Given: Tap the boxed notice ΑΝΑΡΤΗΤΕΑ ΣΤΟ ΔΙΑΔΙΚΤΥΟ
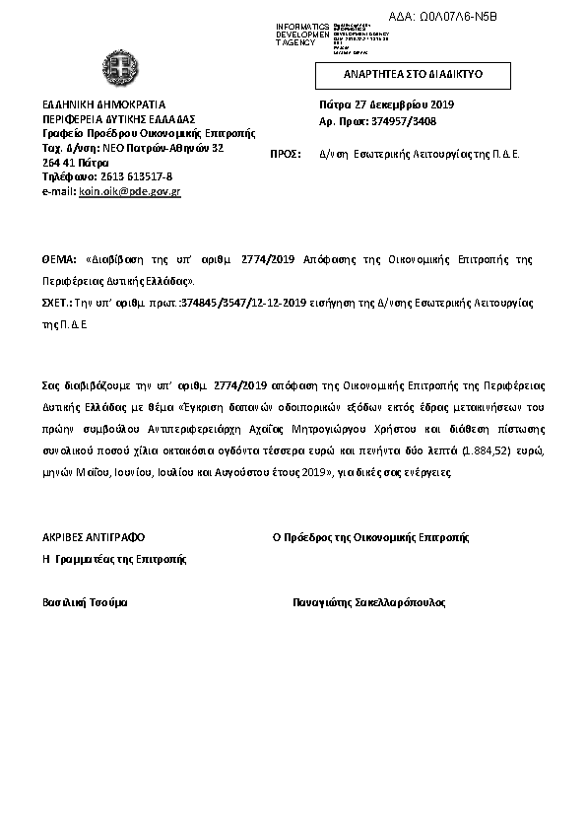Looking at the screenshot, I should (x=413, y=75).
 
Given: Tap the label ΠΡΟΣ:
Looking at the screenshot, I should (x=285, y=154).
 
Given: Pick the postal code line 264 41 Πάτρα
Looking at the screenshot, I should (x=77, y=162).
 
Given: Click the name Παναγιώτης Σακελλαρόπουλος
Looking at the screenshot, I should (x=369, y=601).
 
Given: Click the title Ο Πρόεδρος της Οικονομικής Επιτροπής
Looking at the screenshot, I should (x=370, y=538).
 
